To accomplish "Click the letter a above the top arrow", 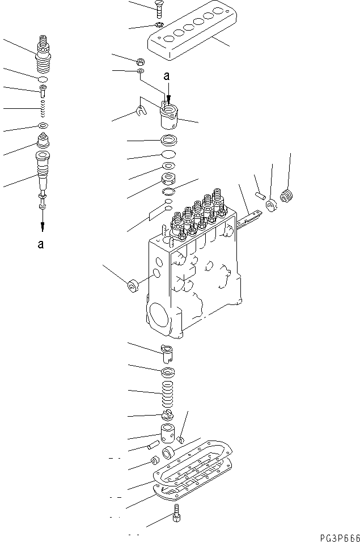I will pos(166,75).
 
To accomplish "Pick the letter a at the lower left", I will pos(40,245).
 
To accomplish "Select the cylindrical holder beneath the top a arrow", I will pos(168,116).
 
